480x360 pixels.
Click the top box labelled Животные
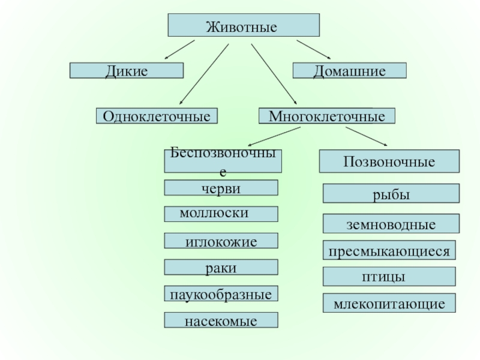244,25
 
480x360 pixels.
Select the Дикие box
127,71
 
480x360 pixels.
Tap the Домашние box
350,71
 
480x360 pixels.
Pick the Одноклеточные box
157,116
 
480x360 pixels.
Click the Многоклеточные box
327,116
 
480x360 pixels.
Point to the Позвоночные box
389,161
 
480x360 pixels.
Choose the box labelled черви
221,188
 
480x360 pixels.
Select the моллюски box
221,214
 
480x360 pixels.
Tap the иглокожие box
221,241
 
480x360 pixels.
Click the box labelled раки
221,267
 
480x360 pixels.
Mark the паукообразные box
221,293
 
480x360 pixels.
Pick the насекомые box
221,320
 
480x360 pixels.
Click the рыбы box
391,193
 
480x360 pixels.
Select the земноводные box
391,223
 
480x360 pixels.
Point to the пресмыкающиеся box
389,250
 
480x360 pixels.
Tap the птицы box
389,277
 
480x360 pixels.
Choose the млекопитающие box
389,303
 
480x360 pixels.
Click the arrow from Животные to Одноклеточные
204,74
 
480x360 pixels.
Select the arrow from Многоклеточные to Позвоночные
367,136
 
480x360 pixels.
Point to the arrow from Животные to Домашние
313,49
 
